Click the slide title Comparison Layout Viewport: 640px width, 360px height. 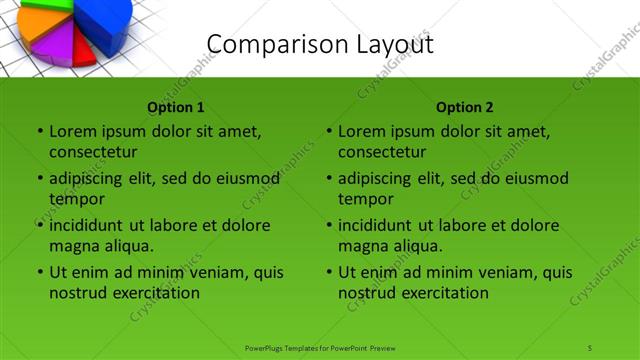coord(320,44)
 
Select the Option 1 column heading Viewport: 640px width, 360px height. coord(176,107)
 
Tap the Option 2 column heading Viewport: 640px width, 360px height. coord(465,107)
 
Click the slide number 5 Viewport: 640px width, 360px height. coord(590,347)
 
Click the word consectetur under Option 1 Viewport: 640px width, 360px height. coord(93,151)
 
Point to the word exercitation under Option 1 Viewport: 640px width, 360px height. coord(154,293)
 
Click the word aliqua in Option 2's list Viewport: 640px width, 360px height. coord(418,245)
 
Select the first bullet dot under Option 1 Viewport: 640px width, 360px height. coord(40,131)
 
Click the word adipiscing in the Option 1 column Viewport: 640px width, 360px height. coord(92,179)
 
